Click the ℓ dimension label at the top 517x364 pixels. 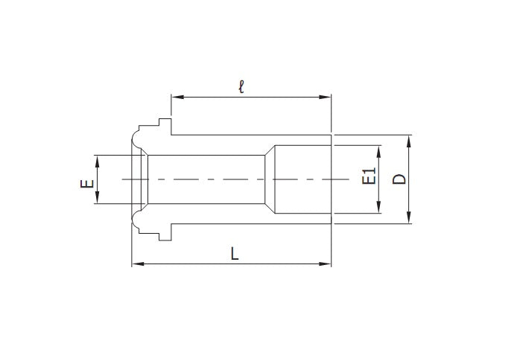coord(241,86)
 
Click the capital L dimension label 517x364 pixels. coord(234,254)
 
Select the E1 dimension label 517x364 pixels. coord(367,178)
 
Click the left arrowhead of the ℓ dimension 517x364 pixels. coord(176,96)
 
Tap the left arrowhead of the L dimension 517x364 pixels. coord(136,264)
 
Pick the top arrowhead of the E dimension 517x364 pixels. coord(96,159)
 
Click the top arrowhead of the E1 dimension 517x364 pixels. coord(379,149)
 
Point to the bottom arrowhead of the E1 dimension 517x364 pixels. coord(379,209)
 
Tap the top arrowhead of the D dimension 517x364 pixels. coord(409,139)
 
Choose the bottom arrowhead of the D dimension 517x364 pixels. coord(409,219)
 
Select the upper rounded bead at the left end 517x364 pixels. coord(136,138)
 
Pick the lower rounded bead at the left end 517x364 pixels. coord(136,220)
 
